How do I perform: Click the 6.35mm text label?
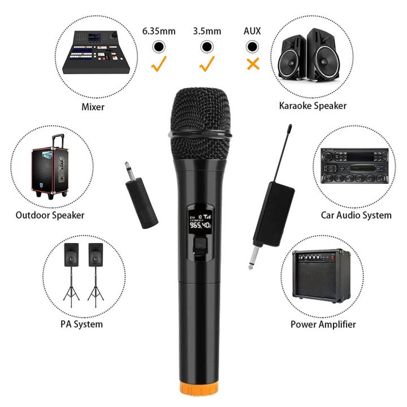click(x=159, y=31)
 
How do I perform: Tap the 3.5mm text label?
click(x=207, y=31)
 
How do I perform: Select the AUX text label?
click(x=253, y=31)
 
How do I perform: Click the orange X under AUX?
click(x=253, y=64)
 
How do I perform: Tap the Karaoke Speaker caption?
click(x=313, y=106)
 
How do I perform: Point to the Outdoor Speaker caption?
click(x=50, y=215)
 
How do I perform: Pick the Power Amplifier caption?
click(x=323, y=324)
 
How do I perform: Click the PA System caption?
click(x=81, y=324)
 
